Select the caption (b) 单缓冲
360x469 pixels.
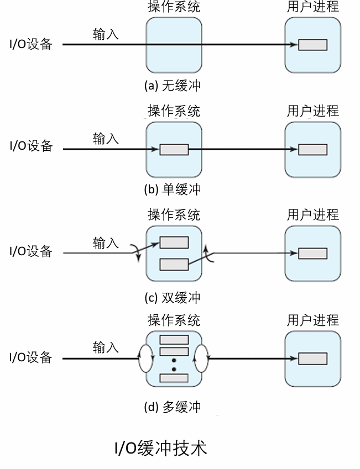pos(172,189)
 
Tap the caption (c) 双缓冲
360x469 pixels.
pos(172,298)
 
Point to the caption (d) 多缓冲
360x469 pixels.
pos(172,408)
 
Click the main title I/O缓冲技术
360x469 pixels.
pos(160,448)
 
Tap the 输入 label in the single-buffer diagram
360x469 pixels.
pos(106,139)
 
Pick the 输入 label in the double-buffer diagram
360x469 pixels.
pos(106,243)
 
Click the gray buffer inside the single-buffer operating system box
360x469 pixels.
pos(174,150)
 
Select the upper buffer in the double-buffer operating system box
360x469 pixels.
pos(174,243)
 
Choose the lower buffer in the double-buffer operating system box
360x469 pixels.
pos(174,265)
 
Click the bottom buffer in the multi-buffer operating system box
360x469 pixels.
pos(174,378)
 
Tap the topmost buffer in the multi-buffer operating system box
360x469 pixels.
pos(174,340)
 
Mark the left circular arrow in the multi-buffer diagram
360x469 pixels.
pos(145,358)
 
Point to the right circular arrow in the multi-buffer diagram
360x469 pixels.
pos(201,358)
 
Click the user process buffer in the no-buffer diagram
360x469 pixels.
pos(312,45)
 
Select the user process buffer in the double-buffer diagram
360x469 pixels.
pos(312,254)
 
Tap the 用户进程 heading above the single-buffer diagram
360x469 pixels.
pos(312,110)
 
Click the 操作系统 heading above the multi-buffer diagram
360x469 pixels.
pos(174,320)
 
